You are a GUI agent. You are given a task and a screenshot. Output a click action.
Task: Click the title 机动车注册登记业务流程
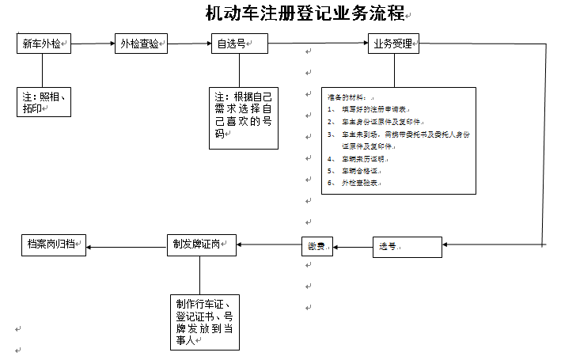pos(305,13)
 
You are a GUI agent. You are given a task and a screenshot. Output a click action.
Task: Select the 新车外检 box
pos(44,45)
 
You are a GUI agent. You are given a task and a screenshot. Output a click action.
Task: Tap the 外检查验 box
pos(142,45)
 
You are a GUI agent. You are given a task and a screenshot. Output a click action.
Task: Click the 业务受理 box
pos(393,44)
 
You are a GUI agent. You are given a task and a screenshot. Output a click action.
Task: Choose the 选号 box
pos(406,247)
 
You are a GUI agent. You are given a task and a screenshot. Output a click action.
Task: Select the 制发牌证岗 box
pos(202,244)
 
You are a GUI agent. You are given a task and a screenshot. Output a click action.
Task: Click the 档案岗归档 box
pos(53,244)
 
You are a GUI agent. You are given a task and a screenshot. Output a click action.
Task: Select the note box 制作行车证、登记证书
pos(204,323)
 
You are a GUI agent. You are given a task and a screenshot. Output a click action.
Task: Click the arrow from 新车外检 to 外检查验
pos(93,45)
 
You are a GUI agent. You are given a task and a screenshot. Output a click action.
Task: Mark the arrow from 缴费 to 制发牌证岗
pos(269,244)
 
